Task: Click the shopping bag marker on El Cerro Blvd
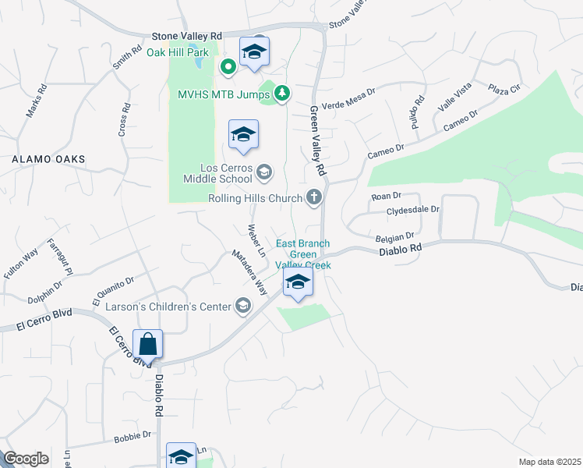(x=147, y=344)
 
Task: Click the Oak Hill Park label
(x=178, y=53)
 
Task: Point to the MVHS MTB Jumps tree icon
(x=282, y=94)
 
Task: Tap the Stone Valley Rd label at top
(x=187, y=36)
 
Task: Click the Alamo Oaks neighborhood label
(x=48, y=159)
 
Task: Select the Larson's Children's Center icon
(x=243, y=307)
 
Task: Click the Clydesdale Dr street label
(x=414, y=210)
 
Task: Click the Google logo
(x=26, y=459)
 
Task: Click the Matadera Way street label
(x=249, y=272)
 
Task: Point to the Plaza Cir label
(x=504, y=90)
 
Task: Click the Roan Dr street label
(x=386, y=196)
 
